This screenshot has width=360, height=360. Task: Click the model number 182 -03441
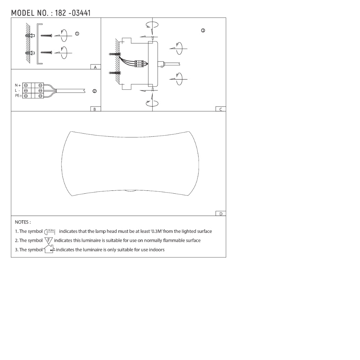(x=73, y=13)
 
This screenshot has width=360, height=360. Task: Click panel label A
(x=95, y=67)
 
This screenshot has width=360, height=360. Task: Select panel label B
(x=95, y=109)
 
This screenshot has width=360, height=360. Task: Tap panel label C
(x=221, y=109)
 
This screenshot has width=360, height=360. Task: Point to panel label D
(x=221, y=214)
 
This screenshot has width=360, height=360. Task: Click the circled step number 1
(x=77, y=34)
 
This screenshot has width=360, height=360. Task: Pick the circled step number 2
(x=94, y=91)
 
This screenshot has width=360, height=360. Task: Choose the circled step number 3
(x=203, y=31)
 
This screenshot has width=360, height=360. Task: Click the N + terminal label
(x=18, y=85)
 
